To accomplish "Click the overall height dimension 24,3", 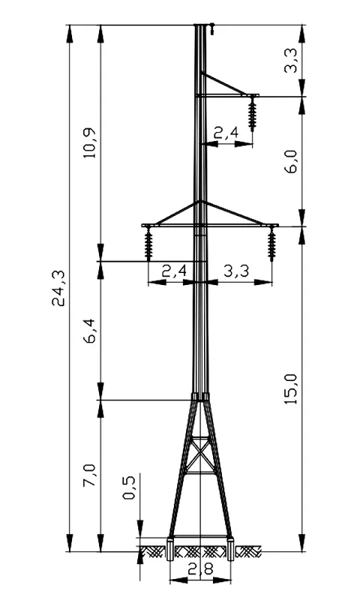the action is coord(59,288).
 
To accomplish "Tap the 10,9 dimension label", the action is coord(91,142).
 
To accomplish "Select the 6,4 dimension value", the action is coord(91,331).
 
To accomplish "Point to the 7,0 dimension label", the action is coord(91,475).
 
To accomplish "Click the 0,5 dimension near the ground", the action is coord(129,487).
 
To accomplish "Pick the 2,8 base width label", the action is coord(200,569).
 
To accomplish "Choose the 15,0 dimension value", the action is coord(292,388).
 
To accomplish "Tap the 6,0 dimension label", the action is coord(292,161).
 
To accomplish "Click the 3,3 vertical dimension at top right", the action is coord(292,61).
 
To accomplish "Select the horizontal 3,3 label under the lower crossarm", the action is coord(236,271).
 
